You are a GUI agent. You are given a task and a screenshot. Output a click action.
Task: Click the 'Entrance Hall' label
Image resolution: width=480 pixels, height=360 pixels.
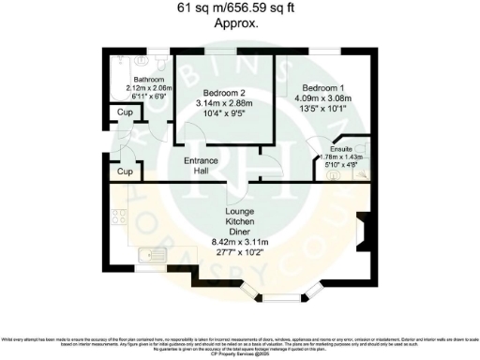point(201,166)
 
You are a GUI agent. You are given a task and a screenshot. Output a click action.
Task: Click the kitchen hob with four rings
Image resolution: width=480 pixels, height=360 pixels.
point(120,220)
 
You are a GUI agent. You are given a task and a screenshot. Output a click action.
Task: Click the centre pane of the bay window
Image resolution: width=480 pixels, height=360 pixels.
point(280,298)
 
